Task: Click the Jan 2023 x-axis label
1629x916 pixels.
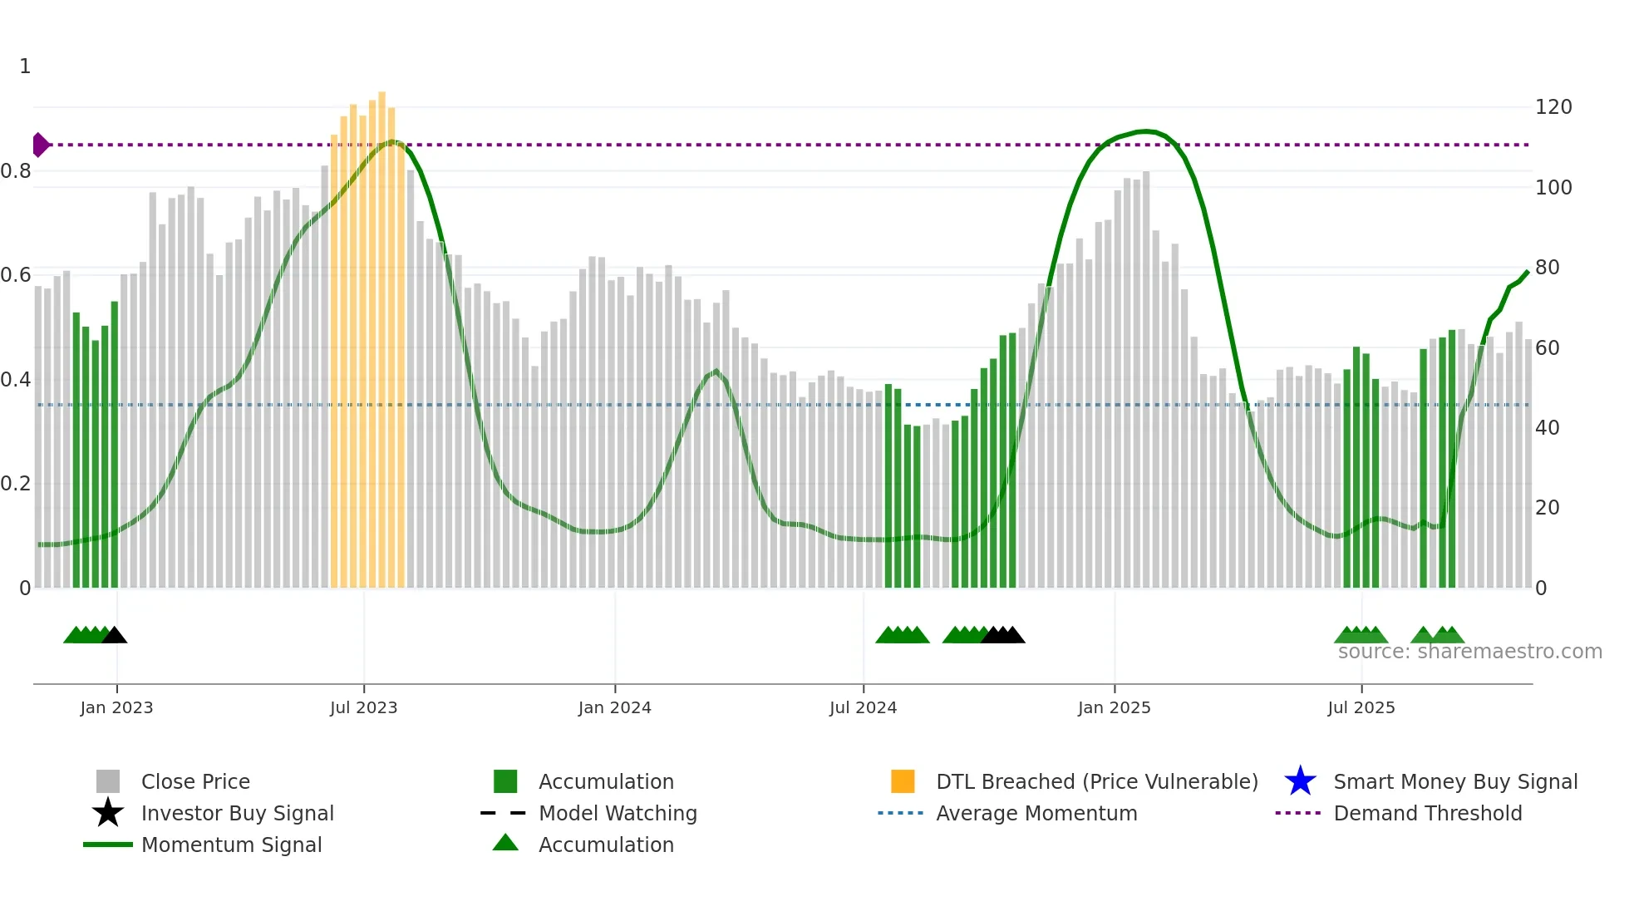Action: click(116, 707)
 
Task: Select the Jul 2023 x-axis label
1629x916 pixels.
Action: click(363, 707)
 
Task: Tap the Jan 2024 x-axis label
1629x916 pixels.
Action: click(614, 707)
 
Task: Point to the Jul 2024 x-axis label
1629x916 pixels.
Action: click(863, 707)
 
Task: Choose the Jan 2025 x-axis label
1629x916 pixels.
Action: click(1114, 707)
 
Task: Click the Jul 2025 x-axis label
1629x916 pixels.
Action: click(1361, 707)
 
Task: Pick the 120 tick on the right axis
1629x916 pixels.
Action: click(1553, 107)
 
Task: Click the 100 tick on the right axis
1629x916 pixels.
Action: click(1553, 187)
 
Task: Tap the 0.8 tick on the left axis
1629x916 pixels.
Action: click(16, 171)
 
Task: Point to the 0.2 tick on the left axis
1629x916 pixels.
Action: click(16, 484)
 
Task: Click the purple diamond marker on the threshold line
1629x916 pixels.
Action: click(40, 145)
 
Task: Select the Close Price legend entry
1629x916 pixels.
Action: click(194, 781)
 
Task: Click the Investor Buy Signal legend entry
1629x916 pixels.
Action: click(237, 813)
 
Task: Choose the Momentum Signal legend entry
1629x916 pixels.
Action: click(231, 845)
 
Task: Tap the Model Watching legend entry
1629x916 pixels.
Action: click(618, 813)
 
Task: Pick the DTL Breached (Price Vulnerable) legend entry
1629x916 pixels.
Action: click(1096, 781)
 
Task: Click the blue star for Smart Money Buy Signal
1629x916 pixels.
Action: click(1300, 781)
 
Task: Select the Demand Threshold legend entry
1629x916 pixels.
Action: click(1427, 813)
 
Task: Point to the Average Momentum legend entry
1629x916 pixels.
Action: click(1036, 813)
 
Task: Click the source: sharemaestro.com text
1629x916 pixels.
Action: click(1469, 652)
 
